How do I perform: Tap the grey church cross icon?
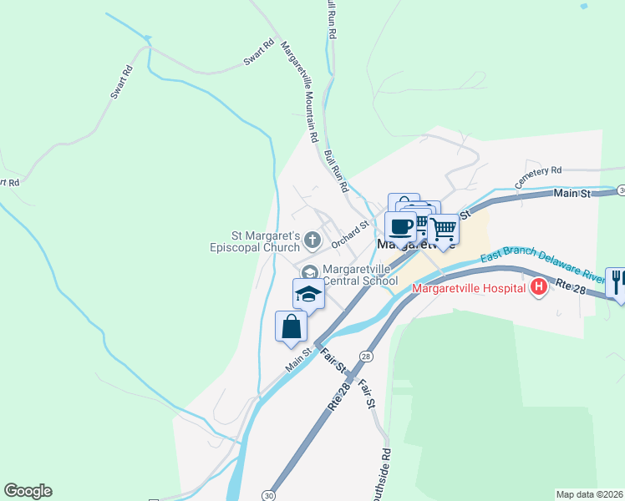[x=312, y=241]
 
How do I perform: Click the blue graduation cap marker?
[x=307, y=294]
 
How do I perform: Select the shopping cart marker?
[x=443, y=227]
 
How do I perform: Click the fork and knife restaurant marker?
[x=617, y=281]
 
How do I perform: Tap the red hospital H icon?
[x=539, y=288]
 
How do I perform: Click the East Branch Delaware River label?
[x=544, y=264]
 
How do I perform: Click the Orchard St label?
[x=349, y=235]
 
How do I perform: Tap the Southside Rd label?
[x=385, y=476]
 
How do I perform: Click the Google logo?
[x=28, y=491]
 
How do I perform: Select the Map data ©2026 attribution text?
[x=589, y=493]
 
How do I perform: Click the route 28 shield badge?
[x=365, y=357]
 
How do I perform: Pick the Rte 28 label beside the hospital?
[x=571, y=286]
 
